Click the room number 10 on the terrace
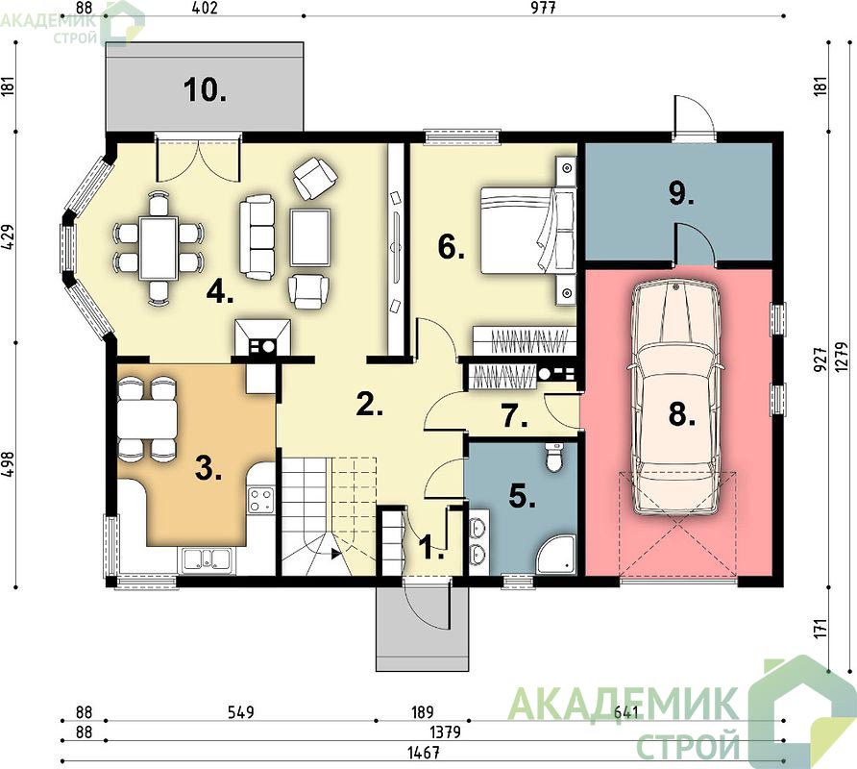[x=205, y=89]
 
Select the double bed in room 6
[x=528, y=230]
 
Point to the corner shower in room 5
[x=556, y=554]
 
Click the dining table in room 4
[x=159, y=247]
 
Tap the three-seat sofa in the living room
[x=257, y=237]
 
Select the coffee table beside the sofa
[x=310, y=236]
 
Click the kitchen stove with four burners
[x=260, y=499]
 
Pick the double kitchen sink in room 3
[x=207, y=559]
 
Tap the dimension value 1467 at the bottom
[x=424, y=753]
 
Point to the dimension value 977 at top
[x=543, y=9]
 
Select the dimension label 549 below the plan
[x=240, y=712]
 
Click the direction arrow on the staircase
[x=334, y=554]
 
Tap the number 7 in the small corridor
[x=515, y=417]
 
